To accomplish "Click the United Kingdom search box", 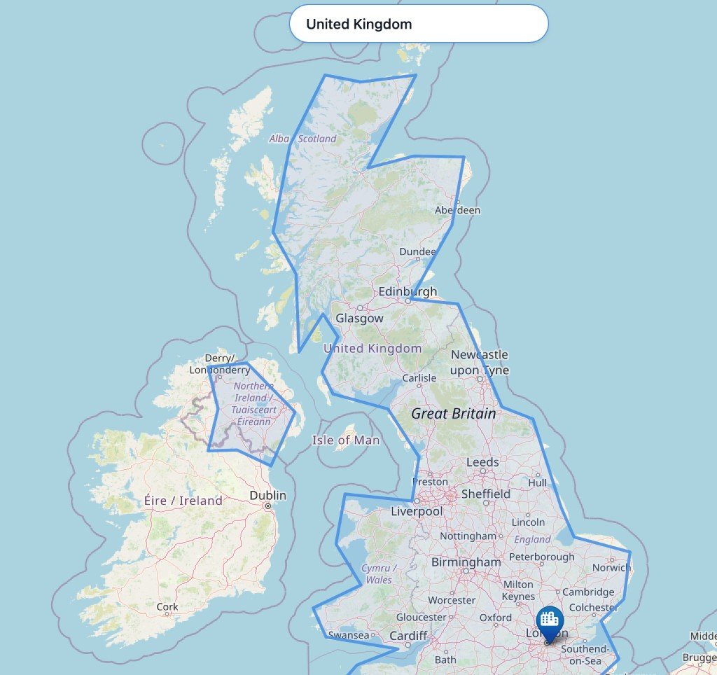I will [x=418, y=24].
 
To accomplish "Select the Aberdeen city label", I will [x=457, y=210].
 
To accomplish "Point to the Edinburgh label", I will [x=407, y=292].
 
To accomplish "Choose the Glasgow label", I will [x=359, y=319].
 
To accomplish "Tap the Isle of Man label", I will [x=346, y=440].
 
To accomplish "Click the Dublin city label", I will [x=267, y=496].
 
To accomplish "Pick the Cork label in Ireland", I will [x=167, y=607].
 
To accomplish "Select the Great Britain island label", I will [x=453, y=414].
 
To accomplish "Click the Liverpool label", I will [x=417, y=512].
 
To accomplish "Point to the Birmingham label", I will [x=466, y=562].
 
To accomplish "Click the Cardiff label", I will [x=408, y=636].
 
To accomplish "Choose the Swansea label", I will [x=348, y=635].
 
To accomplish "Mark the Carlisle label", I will [x=419, y=378].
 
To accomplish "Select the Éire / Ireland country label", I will [x=183, y=501].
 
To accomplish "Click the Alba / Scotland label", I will [x=302, y=139].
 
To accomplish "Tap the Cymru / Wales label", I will [x=379, y=573].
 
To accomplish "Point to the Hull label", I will [x=538, y=482].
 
